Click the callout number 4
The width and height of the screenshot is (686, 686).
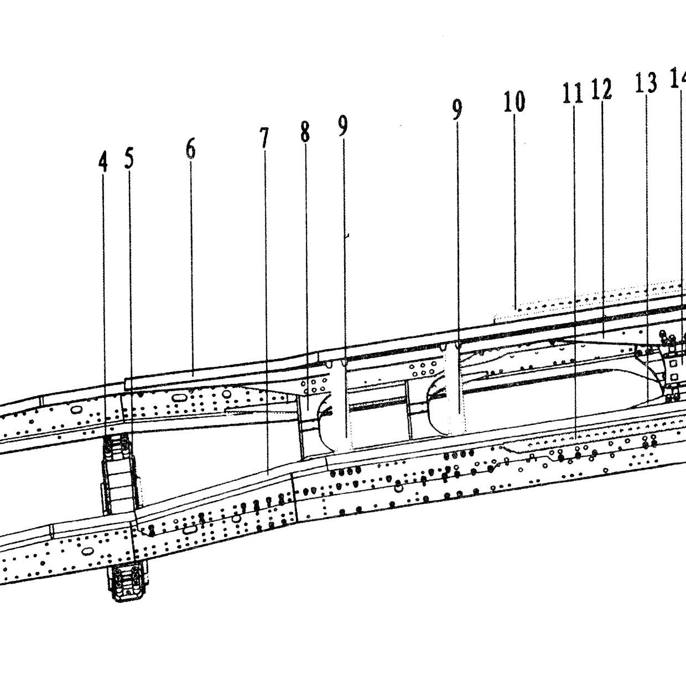click(103, 161)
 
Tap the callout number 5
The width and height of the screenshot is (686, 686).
click(129, 158)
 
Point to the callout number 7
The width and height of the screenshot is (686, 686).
click(264, 138)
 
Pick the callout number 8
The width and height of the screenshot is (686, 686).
click(305, 131)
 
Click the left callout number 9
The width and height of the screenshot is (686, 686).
click(342, 126)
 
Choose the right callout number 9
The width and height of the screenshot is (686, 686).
click(457, 110)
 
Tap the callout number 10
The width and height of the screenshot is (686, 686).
click(514, 101)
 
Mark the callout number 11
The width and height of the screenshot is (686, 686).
click(573, 93)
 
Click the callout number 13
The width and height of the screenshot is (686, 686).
click(646, 82)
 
